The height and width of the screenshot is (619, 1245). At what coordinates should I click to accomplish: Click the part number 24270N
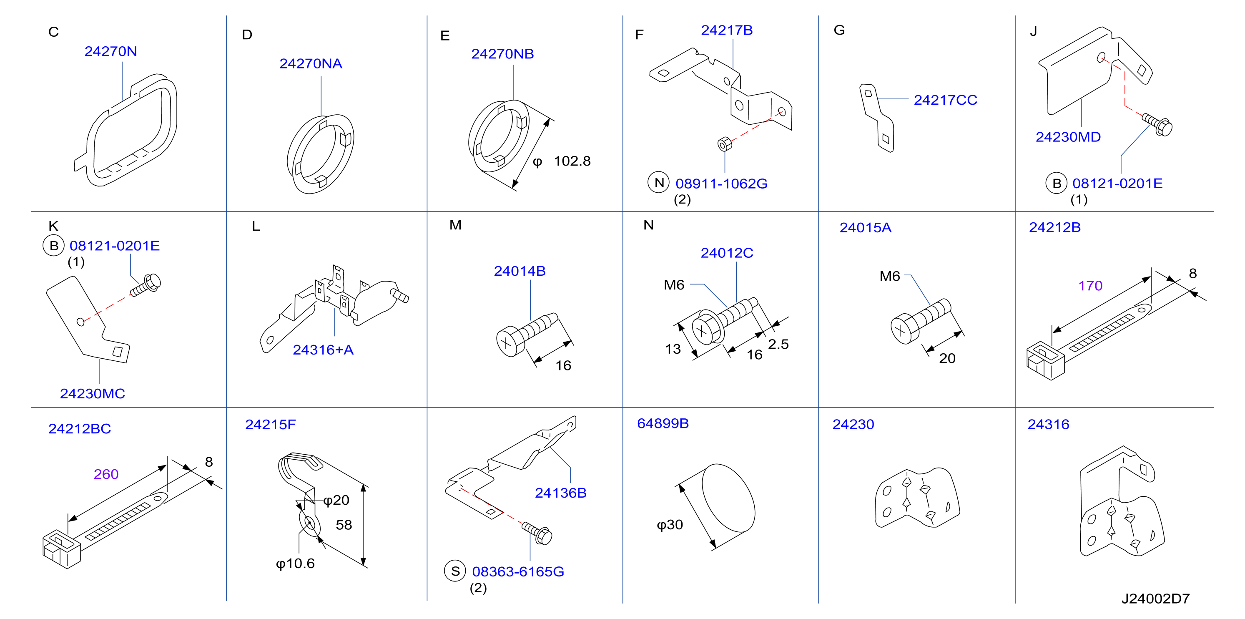110,51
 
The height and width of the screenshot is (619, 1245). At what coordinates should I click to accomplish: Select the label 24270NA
311,63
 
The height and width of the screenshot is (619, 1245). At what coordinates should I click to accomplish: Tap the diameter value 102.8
572,161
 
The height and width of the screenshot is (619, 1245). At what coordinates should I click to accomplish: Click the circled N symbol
659,182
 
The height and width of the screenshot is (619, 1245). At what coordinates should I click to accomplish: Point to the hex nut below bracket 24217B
725,143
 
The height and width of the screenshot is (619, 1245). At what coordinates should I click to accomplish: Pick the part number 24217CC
945,100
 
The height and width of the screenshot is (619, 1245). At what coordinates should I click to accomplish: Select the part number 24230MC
92,394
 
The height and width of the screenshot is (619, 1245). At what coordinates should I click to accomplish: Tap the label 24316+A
323,350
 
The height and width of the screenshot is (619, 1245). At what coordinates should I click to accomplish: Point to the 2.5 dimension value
778,344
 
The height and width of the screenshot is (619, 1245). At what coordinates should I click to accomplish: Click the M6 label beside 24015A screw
890,276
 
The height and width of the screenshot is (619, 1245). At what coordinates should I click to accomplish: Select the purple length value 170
1090,286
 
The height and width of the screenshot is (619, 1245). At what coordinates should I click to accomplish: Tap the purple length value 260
106,474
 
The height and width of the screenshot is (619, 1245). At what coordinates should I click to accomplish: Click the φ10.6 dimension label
295,564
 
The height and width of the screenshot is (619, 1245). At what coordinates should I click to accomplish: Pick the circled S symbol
455,571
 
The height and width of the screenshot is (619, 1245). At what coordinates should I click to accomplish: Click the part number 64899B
663,424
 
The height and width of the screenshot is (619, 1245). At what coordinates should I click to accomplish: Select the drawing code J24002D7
1156,599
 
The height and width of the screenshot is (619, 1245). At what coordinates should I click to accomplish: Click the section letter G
839,30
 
